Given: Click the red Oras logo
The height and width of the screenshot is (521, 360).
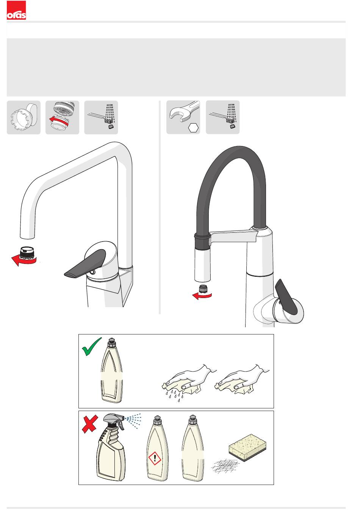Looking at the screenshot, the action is pyautogui.click(x=16, y=10).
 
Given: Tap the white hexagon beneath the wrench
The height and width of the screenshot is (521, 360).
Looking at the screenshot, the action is pyautogui.click(x=193, y=128).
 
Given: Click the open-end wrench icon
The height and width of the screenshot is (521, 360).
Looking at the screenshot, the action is pyautogui.click(x=185, y=111).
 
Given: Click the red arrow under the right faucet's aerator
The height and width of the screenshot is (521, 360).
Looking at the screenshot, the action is pyautogui.click(x=202, y=296).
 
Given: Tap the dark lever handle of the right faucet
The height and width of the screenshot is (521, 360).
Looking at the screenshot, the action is pyautogui.click(x=286, y=297).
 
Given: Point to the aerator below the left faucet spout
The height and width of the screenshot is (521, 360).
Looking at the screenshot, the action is pyautogui.click(x=27, y=253).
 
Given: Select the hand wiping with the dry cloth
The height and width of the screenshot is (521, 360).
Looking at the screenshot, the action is pyautogui.click(x=242, y=380).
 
